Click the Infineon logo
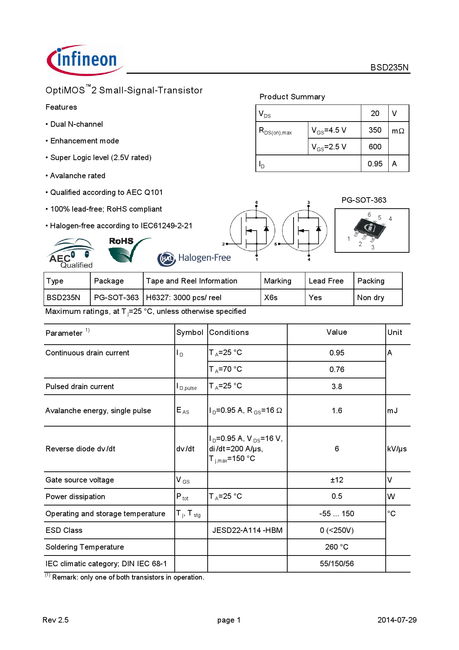[84, 60]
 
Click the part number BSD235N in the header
[389, 67]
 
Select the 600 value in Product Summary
[375, 147]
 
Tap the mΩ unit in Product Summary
[398, 131]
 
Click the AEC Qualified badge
[71, 254]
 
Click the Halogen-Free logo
[194, 258]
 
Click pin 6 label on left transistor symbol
[257, 203]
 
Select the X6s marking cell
[271, 298]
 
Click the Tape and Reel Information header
[191, 281]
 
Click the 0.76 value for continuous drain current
[336, 369]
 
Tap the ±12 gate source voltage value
[336, 480]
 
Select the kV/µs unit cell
[397, 449]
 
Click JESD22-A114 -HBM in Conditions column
[247, 530]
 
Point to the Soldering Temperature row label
[85, 547]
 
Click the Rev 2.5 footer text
[56, 620]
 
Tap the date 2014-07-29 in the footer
[397, 620]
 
